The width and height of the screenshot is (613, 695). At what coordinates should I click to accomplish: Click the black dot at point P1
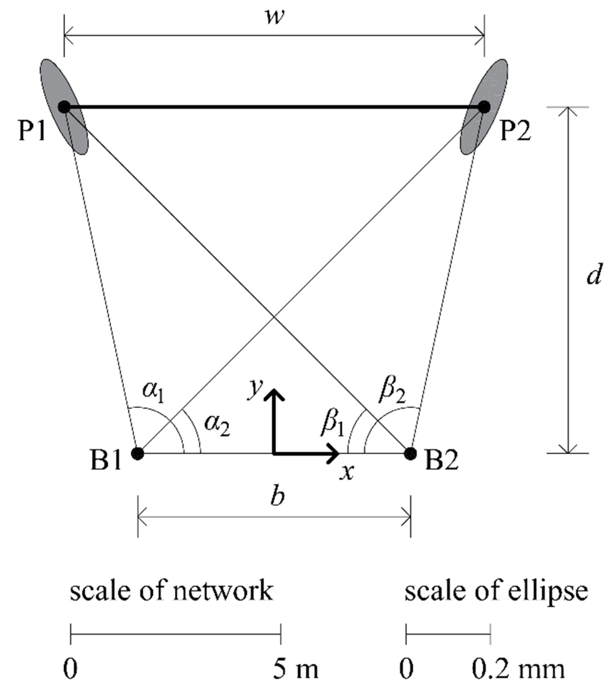tap(64, 107)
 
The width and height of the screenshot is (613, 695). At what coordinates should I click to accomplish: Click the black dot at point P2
tap(484, 107)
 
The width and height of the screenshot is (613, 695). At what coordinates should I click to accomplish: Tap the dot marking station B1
tap(137, 453)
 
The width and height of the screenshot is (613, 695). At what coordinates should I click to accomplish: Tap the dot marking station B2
tap(411, 453)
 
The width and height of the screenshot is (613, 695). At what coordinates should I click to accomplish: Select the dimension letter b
tap(278, 497)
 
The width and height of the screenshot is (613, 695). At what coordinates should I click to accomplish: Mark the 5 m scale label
tap(295, 669)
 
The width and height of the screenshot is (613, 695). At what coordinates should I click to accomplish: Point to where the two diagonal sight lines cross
tap(274, 317)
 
